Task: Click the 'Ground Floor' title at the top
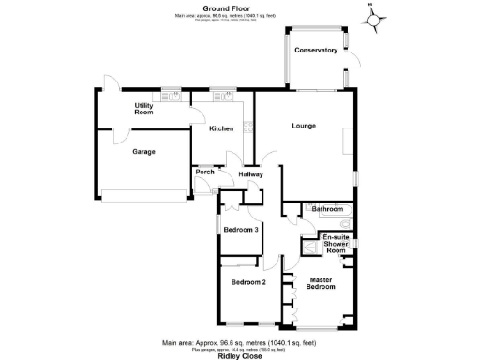pyautogui.click(x=239, y=8)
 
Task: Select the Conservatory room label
pyautogui.click(x=315, y=50)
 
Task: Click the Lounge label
pyautogui.click(x=303, y=126)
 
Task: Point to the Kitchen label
pyautogui.click(x=220, y=128)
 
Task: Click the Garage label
pyautogui.click(x=143, y=151)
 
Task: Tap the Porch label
pyautogui.click(x=203, y=172)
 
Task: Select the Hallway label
pyautogui.click(x=250, y=174)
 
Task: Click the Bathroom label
pyautogui.click(x=327, y=208)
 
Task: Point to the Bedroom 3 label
pyautogui.click(x=241, y=229)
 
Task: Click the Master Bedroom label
pyautogui.click(x=321, y=282)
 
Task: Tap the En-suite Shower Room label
pyautogui.click(x=336, y=244)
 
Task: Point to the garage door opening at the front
pyautogui.click(x=142, y=196)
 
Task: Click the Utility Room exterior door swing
pyautogui.click(x=111, y=84)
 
